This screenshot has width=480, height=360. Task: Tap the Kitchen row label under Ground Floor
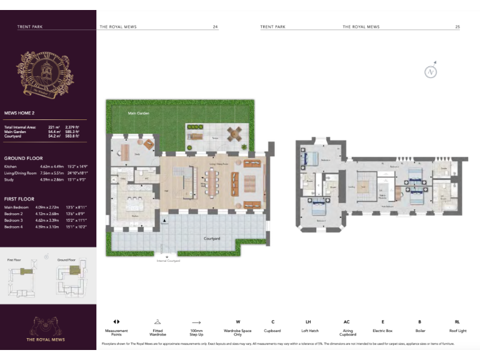point(11,167)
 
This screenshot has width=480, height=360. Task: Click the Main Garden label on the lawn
point(137,113)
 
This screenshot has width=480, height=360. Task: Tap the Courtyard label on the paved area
point(214,238)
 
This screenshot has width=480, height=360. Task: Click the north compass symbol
point(431,71)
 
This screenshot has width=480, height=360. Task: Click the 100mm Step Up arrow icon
point(196,321)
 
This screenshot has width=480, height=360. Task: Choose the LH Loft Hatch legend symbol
point(307,321)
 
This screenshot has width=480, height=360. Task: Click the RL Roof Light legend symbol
point(457,321)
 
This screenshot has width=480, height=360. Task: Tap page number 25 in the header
point(457,27)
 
